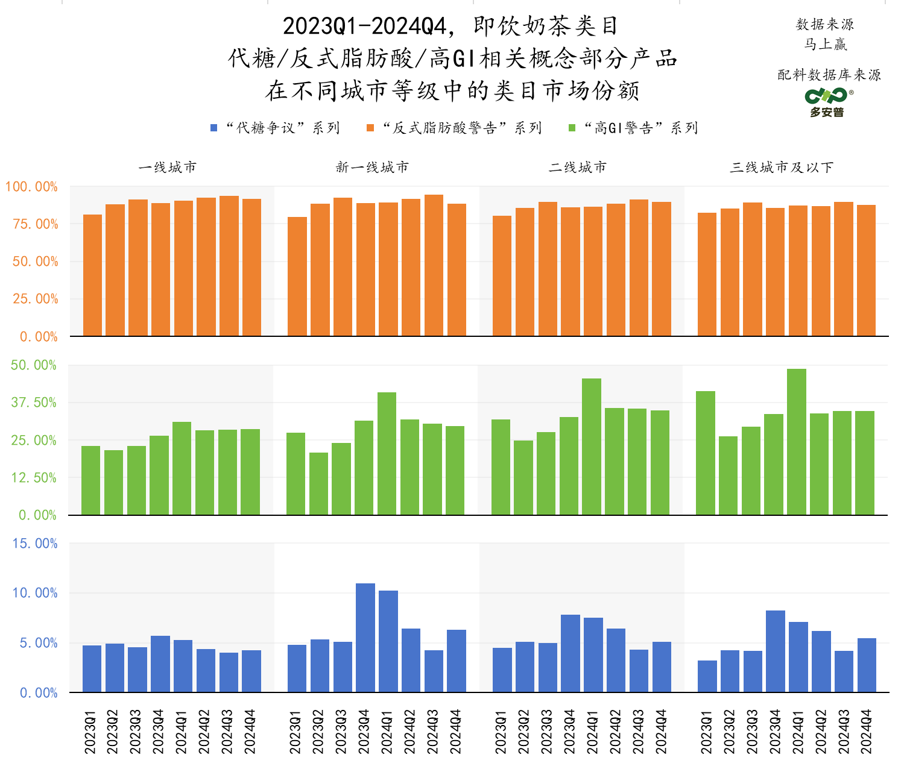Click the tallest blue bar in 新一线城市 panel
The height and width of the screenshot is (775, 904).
[365, 638]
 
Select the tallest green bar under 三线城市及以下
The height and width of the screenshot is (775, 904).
[796, 442]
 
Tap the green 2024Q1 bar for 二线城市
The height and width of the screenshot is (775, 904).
[591, 447]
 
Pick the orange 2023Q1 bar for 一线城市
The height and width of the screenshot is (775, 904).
[92, 275]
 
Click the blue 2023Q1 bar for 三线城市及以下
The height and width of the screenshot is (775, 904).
[707, 676]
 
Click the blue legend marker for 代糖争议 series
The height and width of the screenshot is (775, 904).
[213, 128]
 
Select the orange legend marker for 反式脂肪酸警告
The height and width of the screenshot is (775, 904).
[370, 128]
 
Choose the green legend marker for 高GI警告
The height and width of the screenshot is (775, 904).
[572, 128]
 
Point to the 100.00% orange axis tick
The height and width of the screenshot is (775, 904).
[31, 187]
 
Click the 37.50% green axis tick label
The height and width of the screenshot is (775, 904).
[34, 403]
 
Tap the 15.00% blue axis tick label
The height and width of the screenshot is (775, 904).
[35, 544]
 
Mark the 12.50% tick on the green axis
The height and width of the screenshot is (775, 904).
[34, 478]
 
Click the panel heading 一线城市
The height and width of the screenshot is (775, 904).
[168, 168]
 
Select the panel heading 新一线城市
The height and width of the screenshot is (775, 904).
[372, 168]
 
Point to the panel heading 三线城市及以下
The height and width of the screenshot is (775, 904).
[781, 168]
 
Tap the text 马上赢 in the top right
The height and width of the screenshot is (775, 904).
[826, 44]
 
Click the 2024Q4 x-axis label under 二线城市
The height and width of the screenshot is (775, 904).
[662, 732]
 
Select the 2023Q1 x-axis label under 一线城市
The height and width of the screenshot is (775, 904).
[90, 732]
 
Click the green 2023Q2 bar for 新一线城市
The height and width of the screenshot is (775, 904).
[318, 483]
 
